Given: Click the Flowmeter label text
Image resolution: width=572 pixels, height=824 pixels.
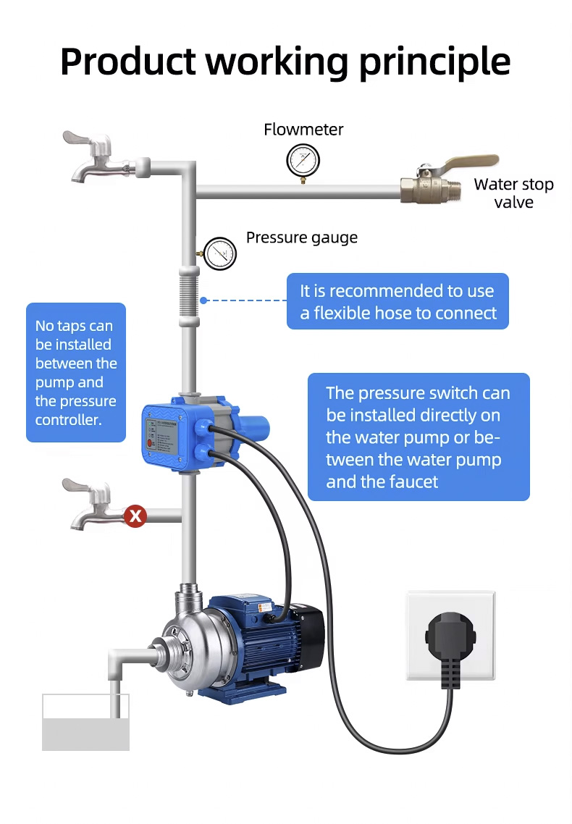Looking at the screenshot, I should tap(303, 130).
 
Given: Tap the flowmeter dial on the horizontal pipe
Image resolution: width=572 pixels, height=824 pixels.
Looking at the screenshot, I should tap(303, 160).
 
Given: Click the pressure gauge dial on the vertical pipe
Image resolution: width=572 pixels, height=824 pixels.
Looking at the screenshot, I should tap(220, 253).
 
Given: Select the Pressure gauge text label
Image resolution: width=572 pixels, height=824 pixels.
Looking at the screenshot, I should tap(301, 237).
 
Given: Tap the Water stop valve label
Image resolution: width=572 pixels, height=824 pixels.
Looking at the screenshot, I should tap(513, 193).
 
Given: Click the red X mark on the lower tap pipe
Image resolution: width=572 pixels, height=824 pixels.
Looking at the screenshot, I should tap(135, 516).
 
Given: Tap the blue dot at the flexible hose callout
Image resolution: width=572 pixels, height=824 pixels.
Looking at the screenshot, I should tap(204, 300).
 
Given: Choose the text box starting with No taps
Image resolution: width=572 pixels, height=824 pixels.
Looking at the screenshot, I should tap(76, 372).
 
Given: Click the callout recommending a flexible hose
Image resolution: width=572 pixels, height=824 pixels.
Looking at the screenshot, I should tap(398, 301).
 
